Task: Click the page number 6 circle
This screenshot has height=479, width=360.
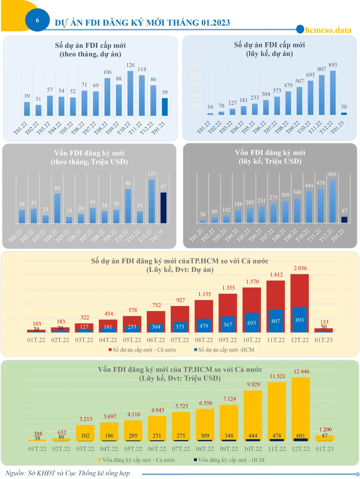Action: (x=37, y=20)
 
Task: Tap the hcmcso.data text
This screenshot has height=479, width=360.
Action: (x=328, y=30)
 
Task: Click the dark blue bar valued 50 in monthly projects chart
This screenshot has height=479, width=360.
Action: (x=165, y=107)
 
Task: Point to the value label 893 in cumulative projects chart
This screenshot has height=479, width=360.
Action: (x=333, y=65)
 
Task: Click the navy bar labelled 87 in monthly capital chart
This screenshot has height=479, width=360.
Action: (x=163, y=208)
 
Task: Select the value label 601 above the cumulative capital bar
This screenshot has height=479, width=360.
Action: (x=332, y=174)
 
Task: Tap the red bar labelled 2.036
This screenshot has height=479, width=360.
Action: (x=300, y=290)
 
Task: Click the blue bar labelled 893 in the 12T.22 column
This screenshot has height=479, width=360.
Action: (x=300, y=320)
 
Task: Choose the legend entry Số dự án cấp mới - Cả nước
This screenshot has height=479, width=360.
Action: (x=143, y=350)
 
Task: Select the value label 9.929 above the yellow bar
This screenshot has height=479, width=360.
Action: (x=253, y=384)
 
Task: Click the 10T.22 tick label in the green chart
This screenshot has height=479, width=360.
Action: (x=253, y=449)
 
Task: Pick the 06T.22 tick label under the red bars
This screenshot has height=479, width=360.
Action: (x=156, y=340)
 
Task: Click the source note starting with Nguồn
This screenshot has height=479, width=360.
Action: (x=68, y=473)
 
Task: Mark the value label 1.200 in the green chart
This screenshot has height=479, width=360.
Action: (x=325, y=429)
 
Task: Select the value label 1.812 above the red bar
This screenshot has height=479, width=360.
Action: (x=276, y=275)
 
